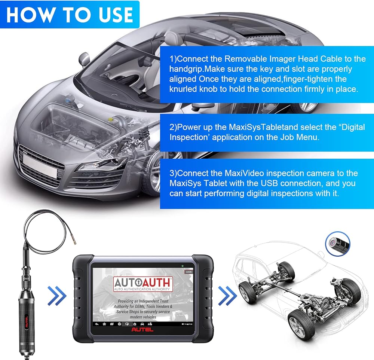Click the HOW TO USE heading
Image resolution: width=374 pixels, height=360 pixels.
(x=70, y=15)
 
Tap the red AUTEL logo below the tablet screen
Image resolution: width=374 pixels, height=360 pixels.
(x=142, y=330)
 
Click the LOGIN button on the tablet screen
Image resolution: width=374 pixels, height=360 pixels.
(x=188, y=272)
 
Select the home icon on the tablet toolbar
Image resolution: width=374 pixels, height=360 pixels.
(x=104, y=324)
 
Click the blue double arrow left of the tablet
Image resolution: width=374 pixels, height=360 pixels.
(x=57, y=296)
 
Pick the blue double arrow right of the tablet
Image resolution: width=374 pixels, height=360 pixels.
(x=227, y=296)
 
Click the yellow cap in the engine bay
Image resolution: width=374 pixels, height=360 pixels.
(x=110, y=119)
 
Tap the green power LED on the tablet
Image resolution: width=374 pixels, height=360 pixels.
(x=182, y=266)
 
